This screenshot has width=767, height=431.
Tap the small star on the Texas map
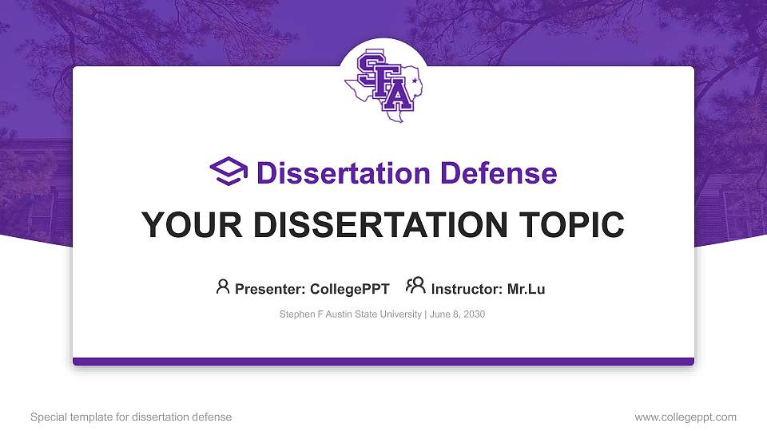[415, 80]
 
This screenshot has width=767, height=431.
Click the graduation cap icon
[229, 171]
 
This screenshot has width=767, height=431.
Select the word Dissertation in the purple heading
[344, 173]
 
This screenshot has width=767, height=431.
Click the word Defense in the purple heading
[499, 173]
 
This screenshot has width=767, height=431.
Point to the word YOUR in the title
[192, 225]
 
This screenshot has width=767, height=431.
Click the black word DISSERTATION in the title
[380, 225]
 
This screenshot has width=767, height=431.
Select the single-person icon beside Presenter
[223, 287]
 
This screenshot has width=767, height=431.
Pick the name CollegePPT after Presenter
[350, 289]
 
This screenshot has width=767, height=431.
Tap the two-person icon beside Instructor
[415, 286]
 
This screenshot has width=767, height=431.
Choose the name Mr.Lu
[526, 289]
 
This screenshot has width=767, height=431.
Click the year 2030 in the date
[474, 314]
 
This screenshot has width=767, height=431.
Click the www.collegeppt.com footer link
[686, 417]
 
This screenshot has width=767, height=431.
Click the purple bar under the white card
[383, 362]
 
